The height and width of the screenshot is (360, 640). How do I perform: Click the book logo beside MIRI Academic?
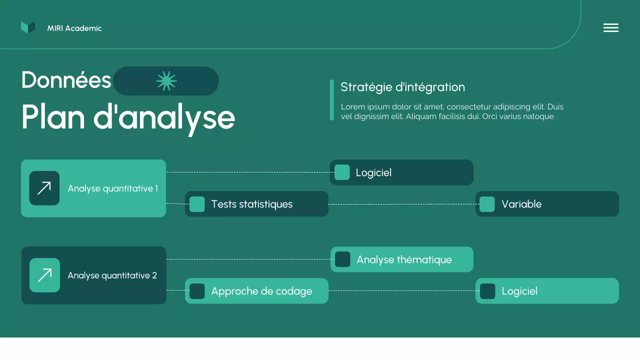click(x=28, y=28)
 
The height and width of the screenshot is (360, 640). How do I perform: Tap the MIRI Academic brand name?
click(x=74, y=28)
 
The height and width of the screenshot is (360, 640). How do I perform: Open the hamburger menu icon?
click(x=610, y=28)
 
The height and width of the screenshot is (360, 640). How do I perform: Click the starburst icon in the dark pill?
click(x=166, y=81)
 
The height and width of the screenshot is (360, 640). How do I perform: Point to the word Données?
click(x=66, y=80)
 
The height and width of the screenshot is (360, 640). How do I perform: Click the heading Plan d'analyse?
click(x=128, y=117)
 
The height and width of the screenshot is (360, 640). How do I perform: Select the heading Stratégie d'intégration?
click(x=402, y=87)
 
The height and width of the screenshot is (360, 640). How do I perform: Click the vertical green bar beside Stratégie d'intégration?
click(x=332, y=100)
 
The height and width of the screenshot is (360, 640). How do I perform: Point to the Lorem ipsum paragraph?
click(x=452, y=111)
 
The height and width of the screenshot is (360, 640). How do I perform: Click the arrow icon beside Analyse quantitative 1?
click(x=44, y=188)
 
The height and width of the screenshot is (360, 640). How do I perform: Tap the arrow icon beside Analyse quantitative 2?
click(x=44, y=275)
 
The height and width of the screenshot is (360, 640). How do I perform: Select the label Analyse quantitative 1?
click(x=112, y=188)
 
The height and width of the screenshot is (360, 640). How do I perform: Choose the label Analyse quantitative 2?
click(x=112, y=275)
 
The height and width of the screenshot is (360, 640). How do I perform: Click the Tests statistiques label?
click(x=251, y=204)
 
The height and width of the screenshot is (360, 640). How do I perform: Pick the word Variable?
click(x=521, y=204)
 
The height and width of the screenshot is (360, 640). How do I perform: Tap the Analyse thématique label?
click(x=404, y=259)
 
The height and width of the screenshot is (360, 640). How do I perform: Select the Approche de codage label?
click(x=261, y=291)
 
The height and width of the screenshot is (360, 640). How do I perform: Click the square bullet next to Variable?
click(x=487, y=204)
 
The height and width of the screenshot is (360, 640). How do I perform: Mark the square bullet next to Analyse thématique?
click(x=342, y=259)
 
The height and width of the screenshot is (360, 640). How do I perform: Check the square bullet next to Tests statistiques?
click(x=197, y=204)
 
